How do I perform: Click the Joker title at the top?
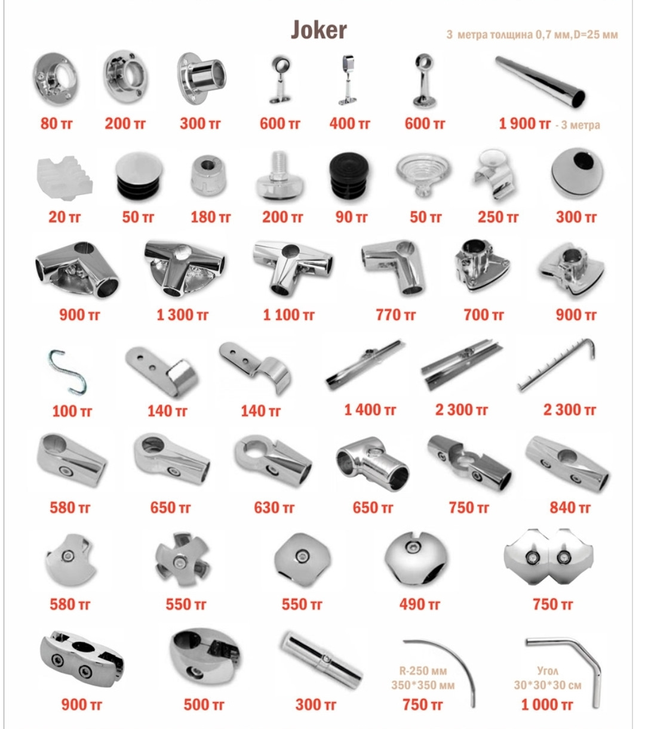click(x=319, y=29)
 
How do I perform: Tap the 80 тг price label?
click(x=57, y=123)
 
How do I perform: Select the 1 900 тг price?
click(x=524, y=123)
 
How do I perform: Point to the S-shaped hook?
click(x=67, y=372)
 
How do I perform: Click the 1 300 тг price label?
click(x=182, y=315)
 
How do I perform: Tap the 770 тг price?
click(x=395, y=315)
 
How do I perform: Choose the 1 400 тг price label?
click(x=370, y=410)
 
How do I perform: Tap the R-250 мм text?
click(x=423, y=671)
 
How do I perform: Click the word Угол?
click(x=548, y=671)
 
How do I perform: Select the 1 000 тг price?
click(x=547, y=705)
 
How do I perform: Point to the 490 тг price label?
click(x=419, y=604)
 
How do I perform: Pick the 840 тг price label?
click(x=570, y=508)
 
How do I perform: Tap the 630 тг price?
click(x=274, y=508)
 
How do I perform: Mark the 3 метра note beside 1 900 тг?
click(x=578, y=125)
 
